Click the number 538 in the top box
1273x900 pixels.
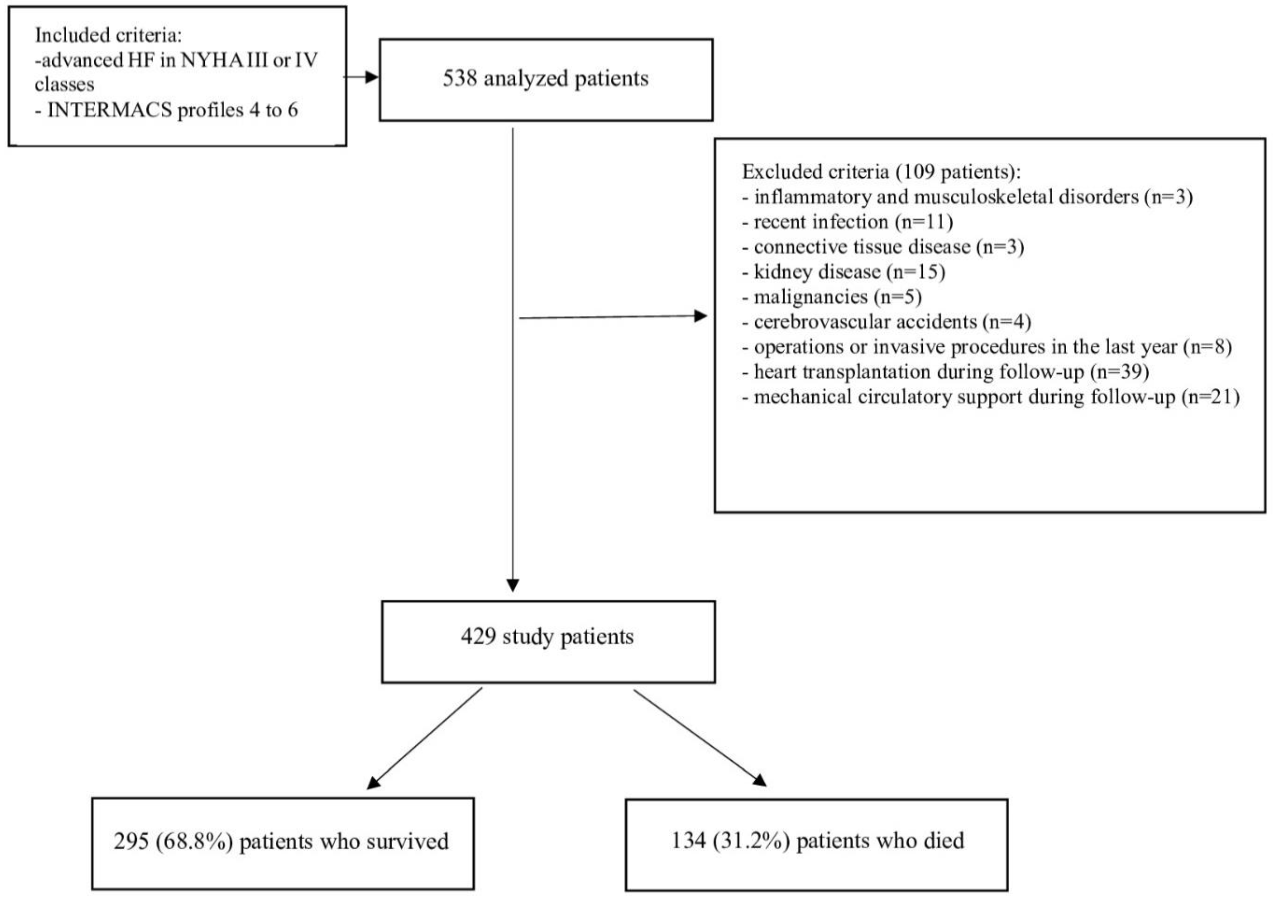[460, 79]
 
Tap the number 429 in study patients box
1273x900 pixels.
[478, 636]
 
